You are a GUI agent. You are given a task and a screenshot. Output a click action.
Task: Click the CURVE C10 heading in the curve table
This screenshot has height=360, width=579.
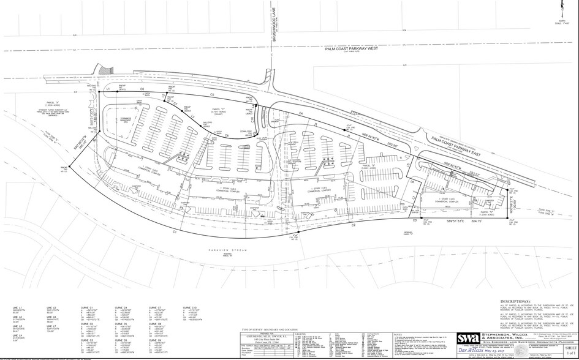click(x=191, y=307)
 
